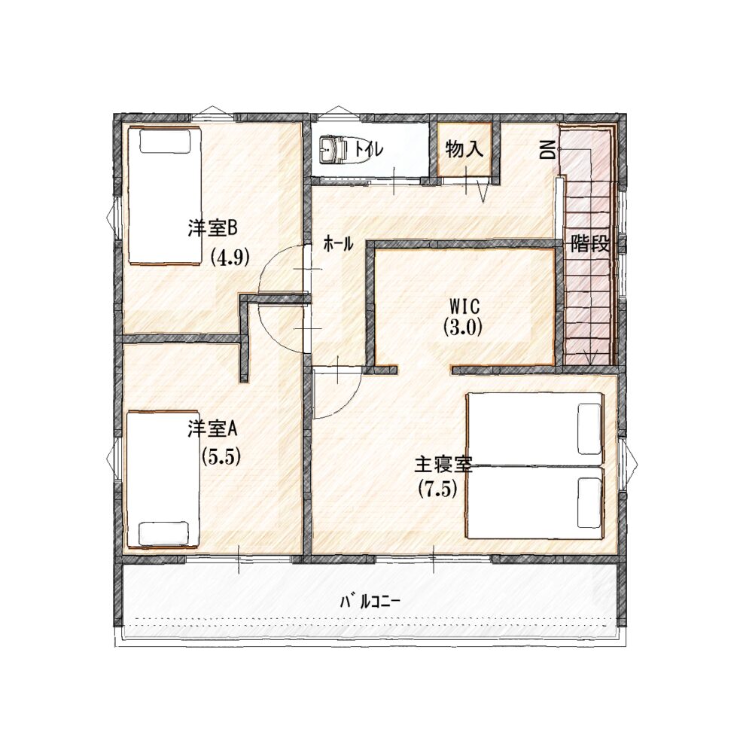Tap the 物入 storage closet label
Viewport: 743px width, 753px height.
click(x=464, y=150)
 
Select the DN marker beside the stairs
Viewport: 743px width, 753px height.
click(x=547, y=151)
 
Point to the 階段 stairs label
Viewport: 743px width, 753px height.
click(x=590, y=245)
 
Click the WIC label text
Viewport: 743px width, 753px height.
click(x=464, y=306)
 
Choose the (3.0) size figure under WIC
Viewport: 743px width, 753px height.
click(x=462, y=328)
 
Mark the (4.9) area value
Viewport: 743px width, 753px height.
click(x=230, y=258)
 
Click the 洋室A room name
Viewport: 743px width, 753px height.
click(x=212, y=430)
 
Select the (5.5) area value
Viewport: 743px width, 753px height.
click(x=221, y=456)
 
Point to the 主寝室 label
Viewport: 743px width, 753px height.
click(x=443, y=464)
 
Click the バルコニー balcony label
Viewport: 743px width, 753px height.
click(x=370, y=601)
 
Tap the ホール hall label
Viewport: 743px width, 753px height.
click(x=339, y=245)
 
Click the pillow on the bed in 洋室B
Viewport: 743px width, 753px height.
click(x=164, y=142)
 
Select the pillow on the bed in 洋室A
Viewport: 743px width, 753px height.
click(x=163, y=533)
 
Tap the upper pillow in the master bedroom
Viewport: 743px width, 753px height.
click(x=590, y=428)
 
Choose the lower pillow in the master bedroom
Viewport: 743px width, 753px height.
click(x=590, y=502)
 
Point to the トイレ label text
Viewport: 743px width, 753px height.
click(x=369, y=149)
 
